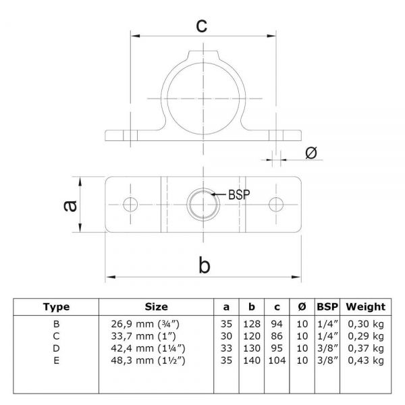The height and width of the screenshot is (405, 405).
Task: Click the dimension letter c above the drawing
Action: [201, 25]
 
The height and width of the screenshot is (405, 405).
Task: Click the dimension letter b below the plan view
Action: [204, 265]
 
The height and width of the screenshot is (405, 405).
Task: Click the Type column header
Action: [56, 306]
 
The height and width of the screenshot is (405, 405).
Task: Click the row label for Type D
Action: [56, 348]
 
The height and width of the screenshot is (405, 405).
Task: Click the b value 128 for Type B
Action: [248, 324]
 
